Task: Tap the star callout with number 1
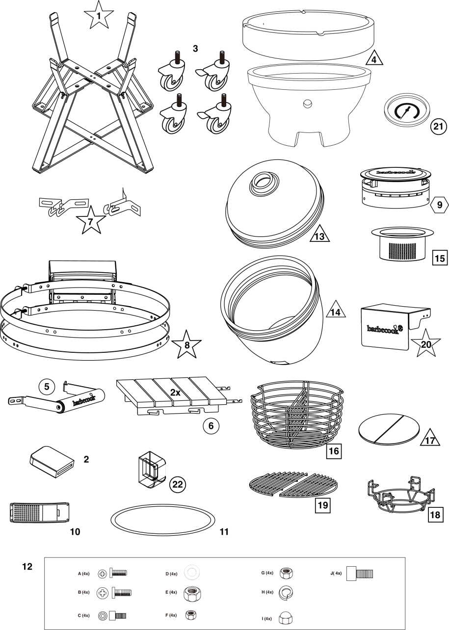98,16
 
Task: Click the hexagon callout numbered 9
439,205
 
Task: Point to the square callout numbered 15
439,257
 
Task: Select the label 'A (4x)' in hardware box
83,573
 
